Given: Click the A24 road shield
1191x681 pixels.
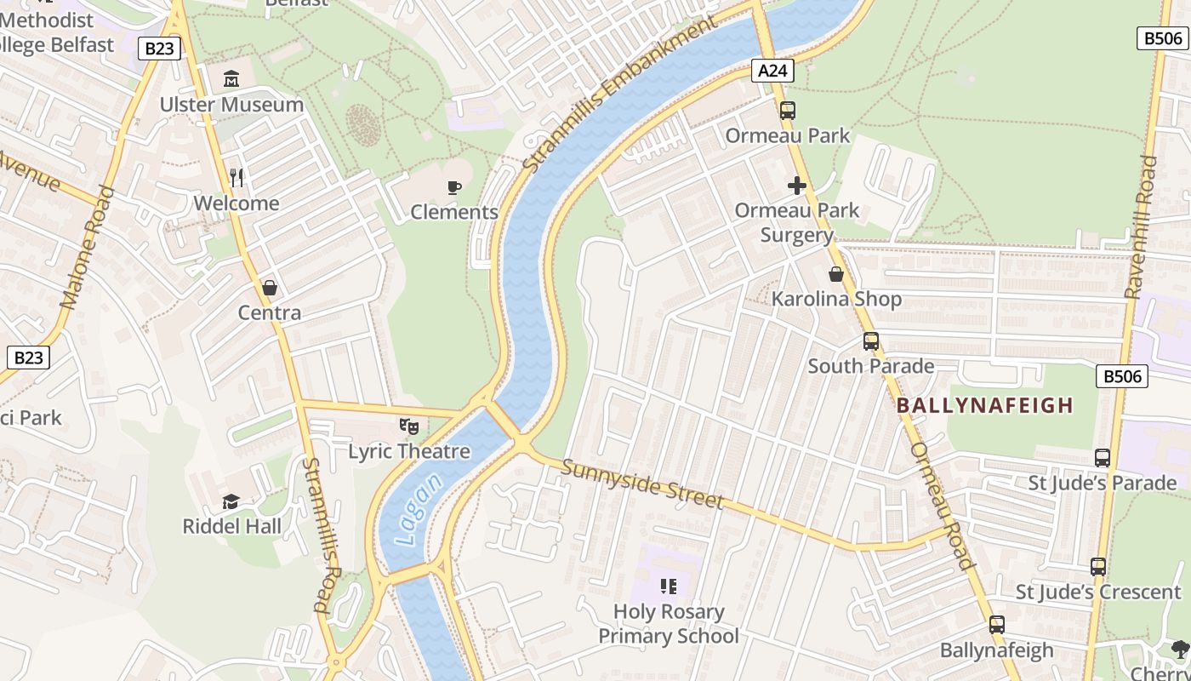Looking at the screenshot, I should click(772, 71).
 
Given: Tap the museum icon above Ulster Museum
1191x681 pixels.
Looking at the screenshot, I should click(231, 79).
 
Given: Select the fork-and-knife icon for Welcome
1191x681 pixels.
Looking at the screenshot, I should click(236, 178).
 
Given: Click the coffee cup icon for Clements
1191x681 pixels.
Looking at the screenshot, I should click(454, 187).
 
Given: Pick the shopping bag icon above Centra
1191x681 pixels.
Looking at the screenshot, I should click(270, 288).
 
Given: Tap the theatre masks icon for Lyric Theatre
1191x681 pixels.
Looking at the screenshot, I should click(409, 426).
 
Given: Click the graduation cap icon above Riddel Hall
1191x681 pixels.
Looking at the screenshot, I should click(231, 501).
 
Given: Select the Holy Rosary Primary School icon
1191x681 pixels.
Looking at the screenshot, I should click(669, 586).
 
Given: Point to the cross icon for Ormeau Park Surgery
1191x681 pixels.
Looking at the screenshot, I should click(797, 186).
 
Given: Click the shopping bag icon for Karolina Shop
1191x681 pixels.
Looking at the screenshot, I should click(836, 274).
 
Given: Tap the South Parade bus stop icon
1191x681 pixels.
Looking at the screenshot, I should click(871, 341).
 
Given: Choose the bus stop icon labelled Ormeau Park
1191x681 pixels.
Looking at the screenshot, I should click(788, 110).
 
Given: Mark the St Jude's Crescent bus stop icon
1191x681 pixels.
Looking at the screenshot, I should click(1098, 566).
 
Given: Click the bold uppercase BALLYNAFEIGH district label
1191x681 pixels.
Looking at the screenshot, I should click(985, 405).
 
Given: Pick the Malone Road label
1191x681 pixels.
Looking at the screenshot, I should click(88, 247).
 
